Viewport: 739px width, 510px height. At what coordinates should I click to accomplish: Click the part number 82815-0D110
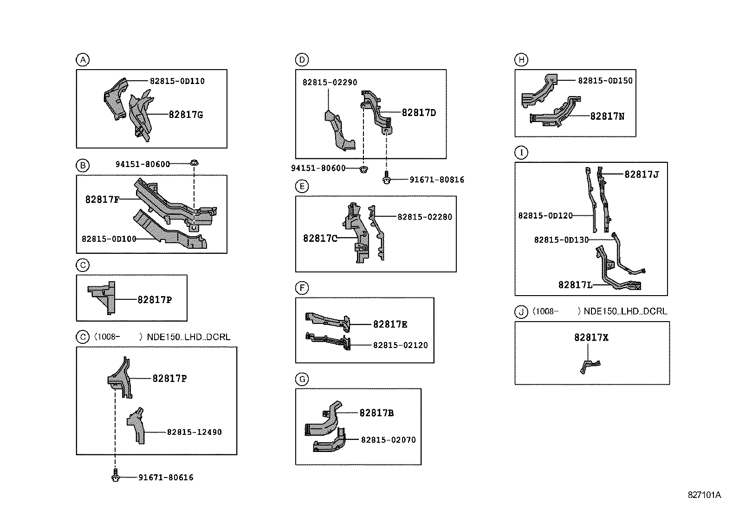177,81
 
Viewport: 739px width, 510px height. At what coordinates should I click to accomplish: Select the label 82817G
186,115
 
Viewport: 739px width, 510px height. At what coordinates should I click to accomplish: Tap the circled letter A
82,59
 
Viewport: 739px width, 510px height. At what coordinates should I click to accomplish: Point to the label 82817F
102,200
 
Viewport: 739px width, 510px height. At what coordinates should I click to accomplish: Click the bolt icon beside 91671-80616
116,477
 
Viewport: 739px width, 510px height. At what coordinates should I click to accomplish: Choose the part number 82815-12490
194,432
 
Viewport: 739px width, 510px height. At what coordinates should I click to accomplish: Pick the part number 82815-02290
330,82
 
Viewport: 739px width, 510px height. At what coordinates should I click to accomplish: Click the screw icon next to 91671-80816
386,179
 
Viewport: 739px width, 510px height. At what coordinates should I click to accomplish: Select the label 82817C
320,238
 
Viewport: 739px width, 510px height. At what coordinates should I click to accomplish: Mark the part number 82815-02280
424,217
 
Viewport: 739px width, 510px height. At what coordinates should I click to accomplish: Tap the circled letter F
302,288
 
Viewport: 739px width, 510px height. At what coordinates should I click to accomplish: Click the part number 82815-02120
400,345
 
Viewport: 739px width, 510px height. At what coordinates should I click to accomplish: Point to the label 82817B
376,413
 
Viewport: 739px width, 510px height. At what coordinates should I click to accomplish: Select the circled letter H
521,59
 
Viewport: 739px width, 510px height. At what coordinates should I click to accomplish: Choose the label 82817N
607,116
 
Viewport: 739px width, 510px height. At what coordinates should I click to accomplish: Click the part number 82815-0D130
561,240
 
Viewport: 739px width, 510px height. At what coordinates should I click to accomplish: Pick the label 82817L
575,284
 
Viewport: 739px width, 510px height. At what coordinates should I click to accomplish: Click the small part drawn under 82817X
590,366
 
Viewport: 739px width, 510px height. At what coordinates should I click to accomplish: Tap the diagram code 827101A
704,495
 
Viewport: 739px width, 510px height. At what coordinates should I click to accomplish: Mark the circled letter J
521,312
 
